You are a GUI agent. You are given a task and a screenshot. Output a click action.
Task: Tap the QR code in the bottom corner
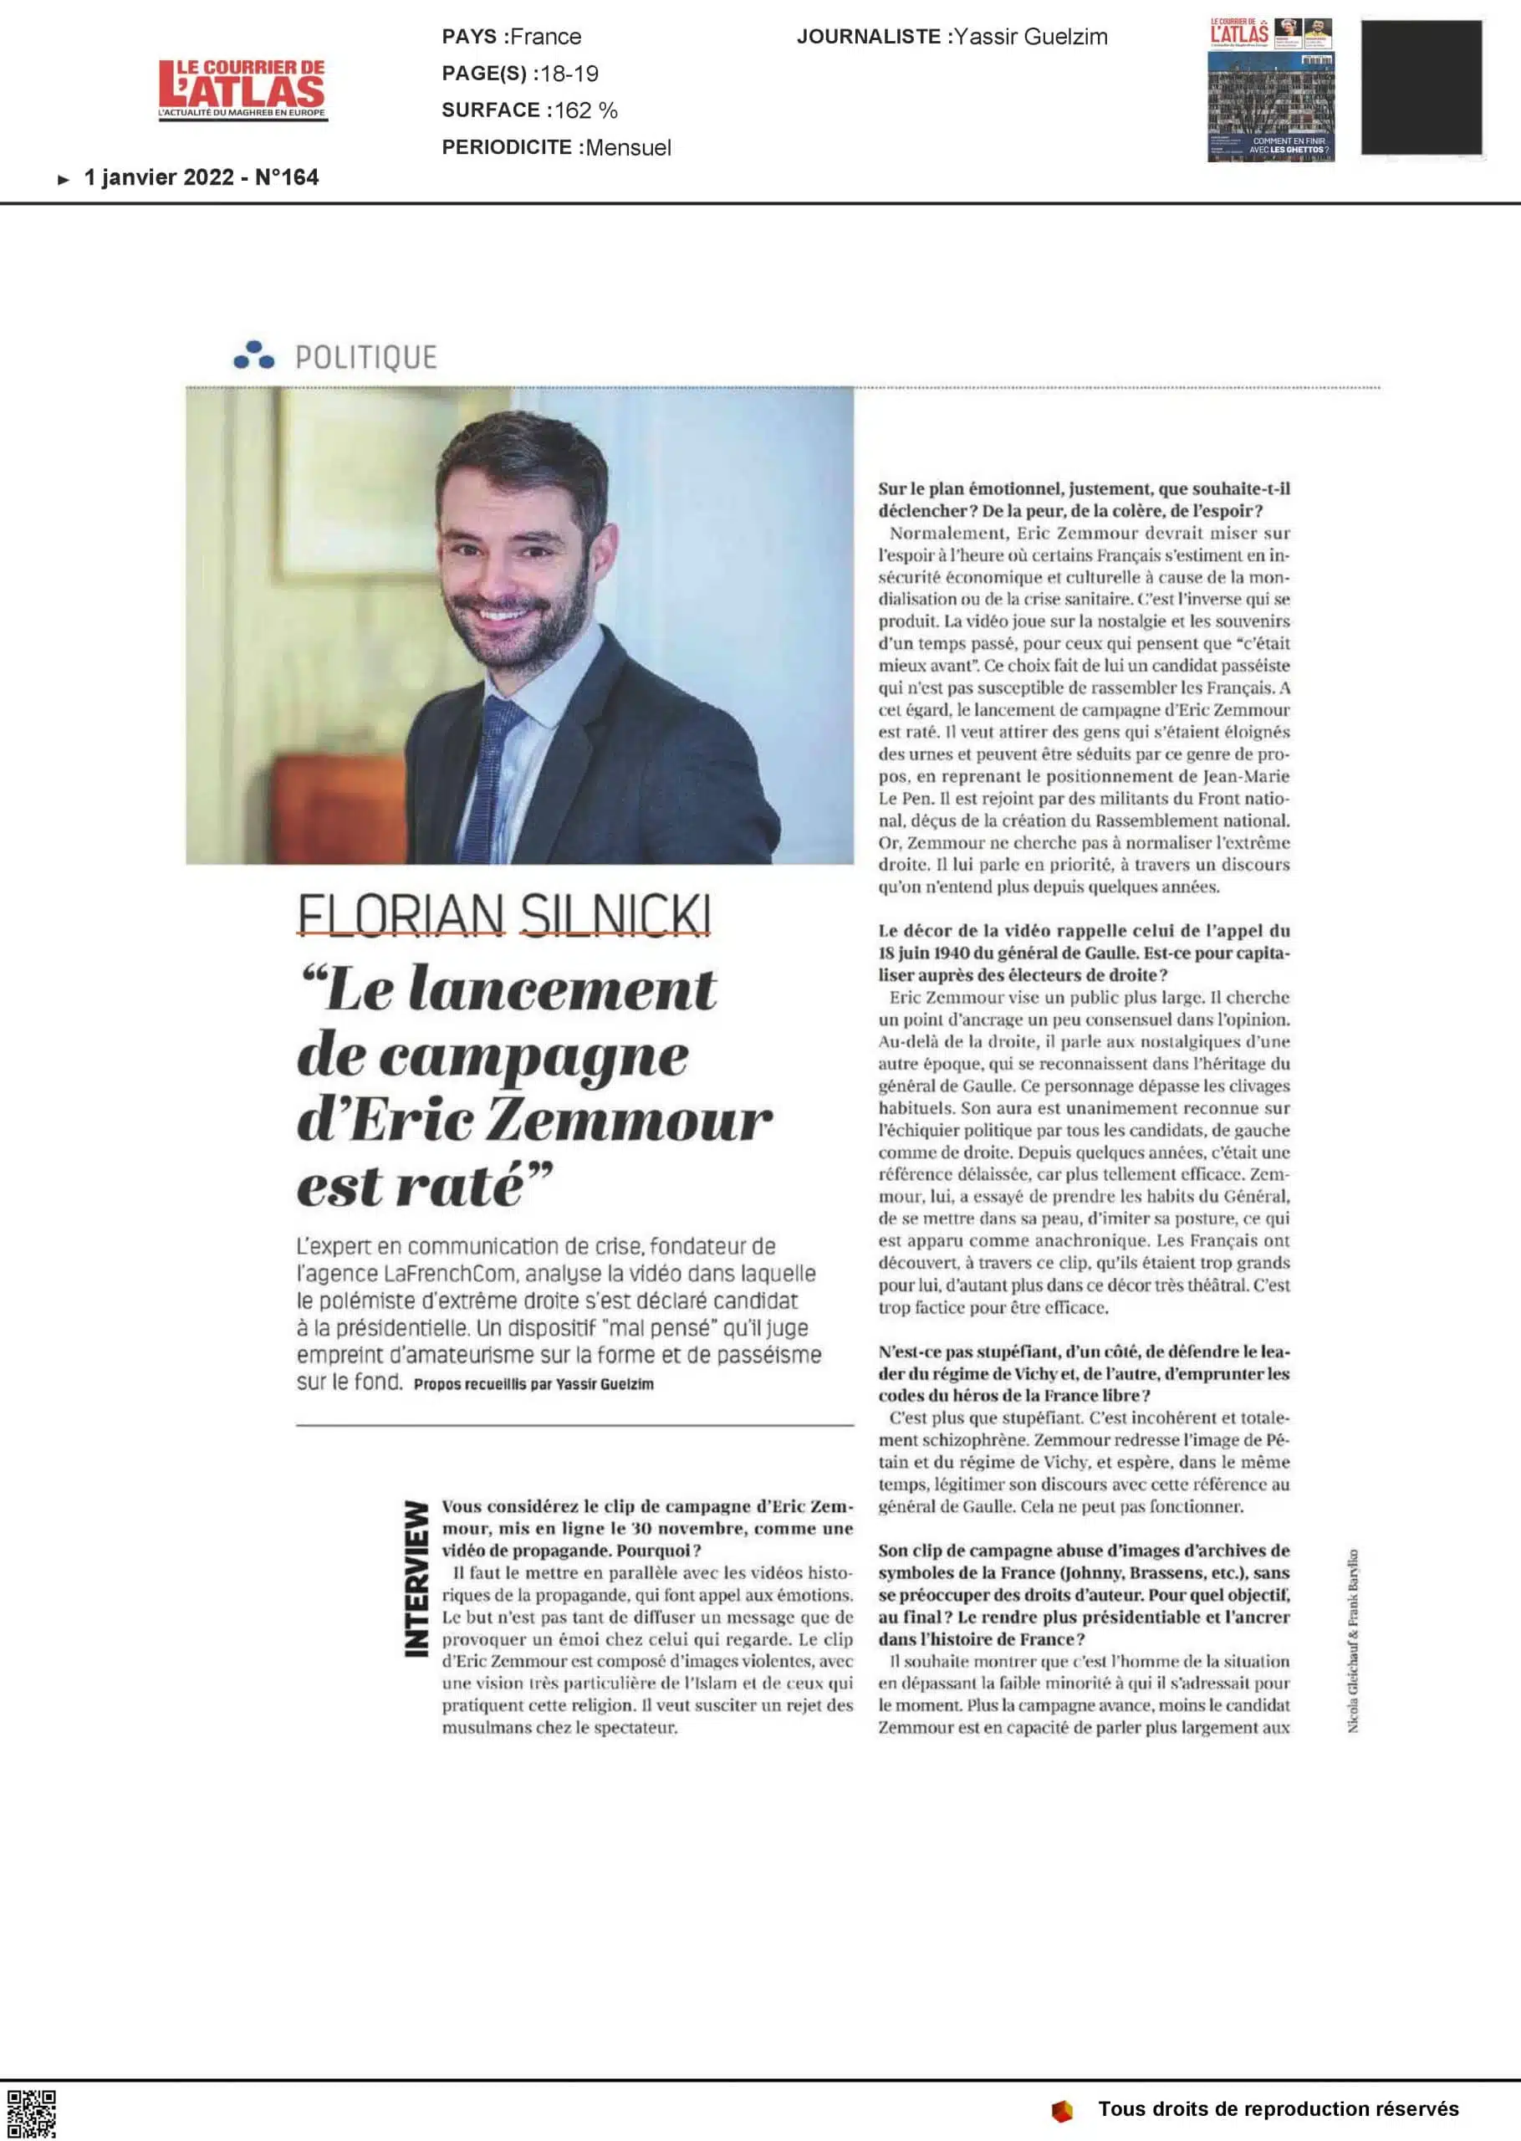(x=31, y=2113)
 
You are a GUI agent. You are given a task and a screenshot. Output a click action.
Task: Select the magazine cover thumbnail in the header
(x=1270, y=90)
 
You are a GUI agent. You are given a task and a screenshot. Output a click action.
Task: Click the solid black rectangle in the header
(x=1421, y=87)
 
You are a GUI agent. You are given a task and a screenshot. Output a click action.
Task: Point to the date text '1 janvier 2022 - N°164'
(x=202, y=177)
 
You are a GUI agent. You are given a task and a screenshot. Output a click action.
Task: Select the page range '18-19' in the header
(x=569, y=73)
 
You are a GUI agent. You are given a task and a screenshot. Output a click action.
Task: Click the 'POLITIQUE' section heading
(x=365, y=357)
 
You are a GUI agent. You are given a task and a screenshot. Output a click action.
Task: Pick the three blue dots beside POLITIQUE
(x=253, y=355)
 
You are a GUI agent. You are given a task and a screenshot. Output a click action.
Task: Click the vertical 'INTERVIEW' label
(x=416, y=1578)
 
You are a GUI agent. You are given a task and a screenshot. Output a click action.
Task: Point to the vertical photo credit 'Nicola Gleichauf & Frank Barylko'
(x=1354, y=1639)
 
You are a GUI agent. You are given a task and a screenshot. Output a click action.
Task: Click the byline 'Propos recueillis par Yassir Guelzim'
(x=533, y=1384)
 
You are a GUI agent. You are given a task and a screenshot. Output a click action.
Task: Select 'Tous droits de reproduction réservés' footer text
(x=1278, y=2108)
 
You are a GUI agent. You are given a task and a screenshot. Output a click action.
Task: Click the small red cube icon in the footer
(x=1061, y=2111)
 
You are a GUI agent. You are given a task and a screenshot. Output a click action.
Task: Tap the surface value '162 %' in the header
(x=585, y=110)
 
